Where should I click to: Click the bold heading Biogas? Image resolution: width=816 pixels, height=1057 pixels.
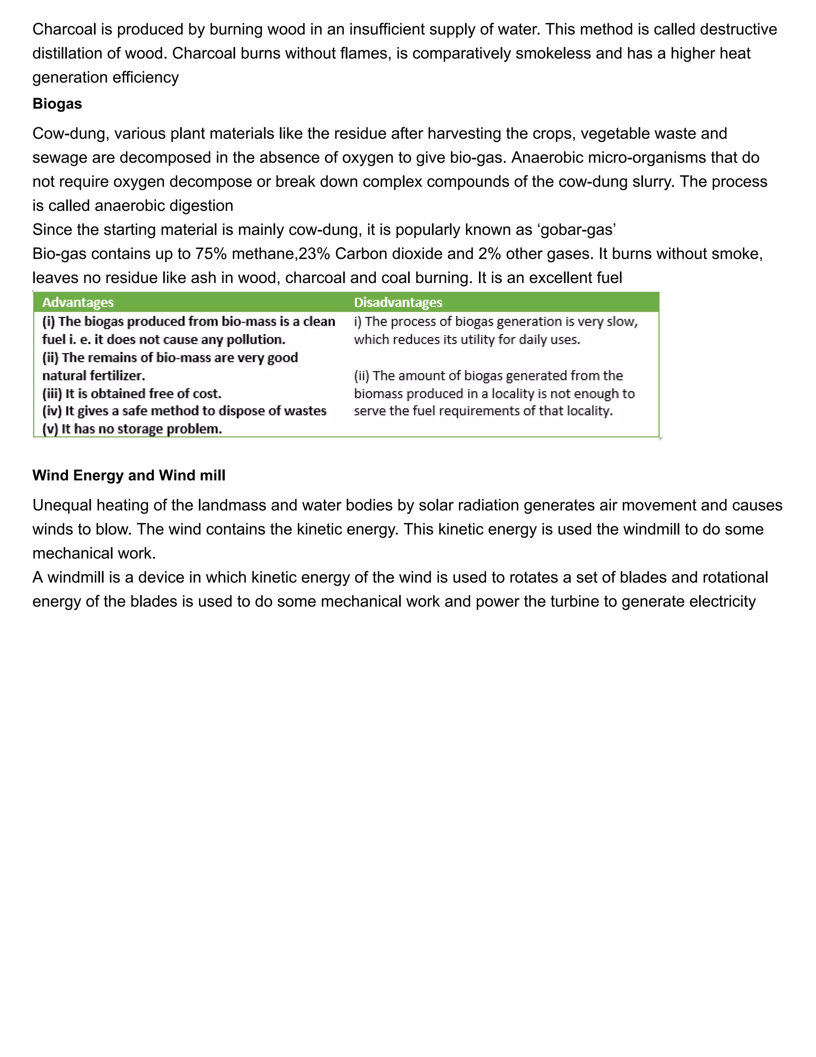57,104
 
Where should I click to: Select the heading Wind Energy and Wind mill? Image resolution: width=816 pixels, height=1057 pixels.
129,475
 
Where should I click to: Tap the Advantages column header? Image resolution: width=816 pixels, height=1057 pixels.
78,303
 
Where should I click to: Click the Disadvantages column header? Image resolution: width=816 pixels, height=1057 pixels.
398,303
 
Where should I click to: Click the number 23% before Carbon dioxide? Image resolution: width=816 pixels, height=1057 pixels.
314,253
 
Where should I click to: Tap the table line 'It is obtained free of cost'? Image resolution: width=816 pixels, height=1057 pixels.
131,393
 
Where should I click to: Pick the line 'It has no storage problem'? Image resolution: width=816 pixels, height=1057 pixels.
131,429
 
